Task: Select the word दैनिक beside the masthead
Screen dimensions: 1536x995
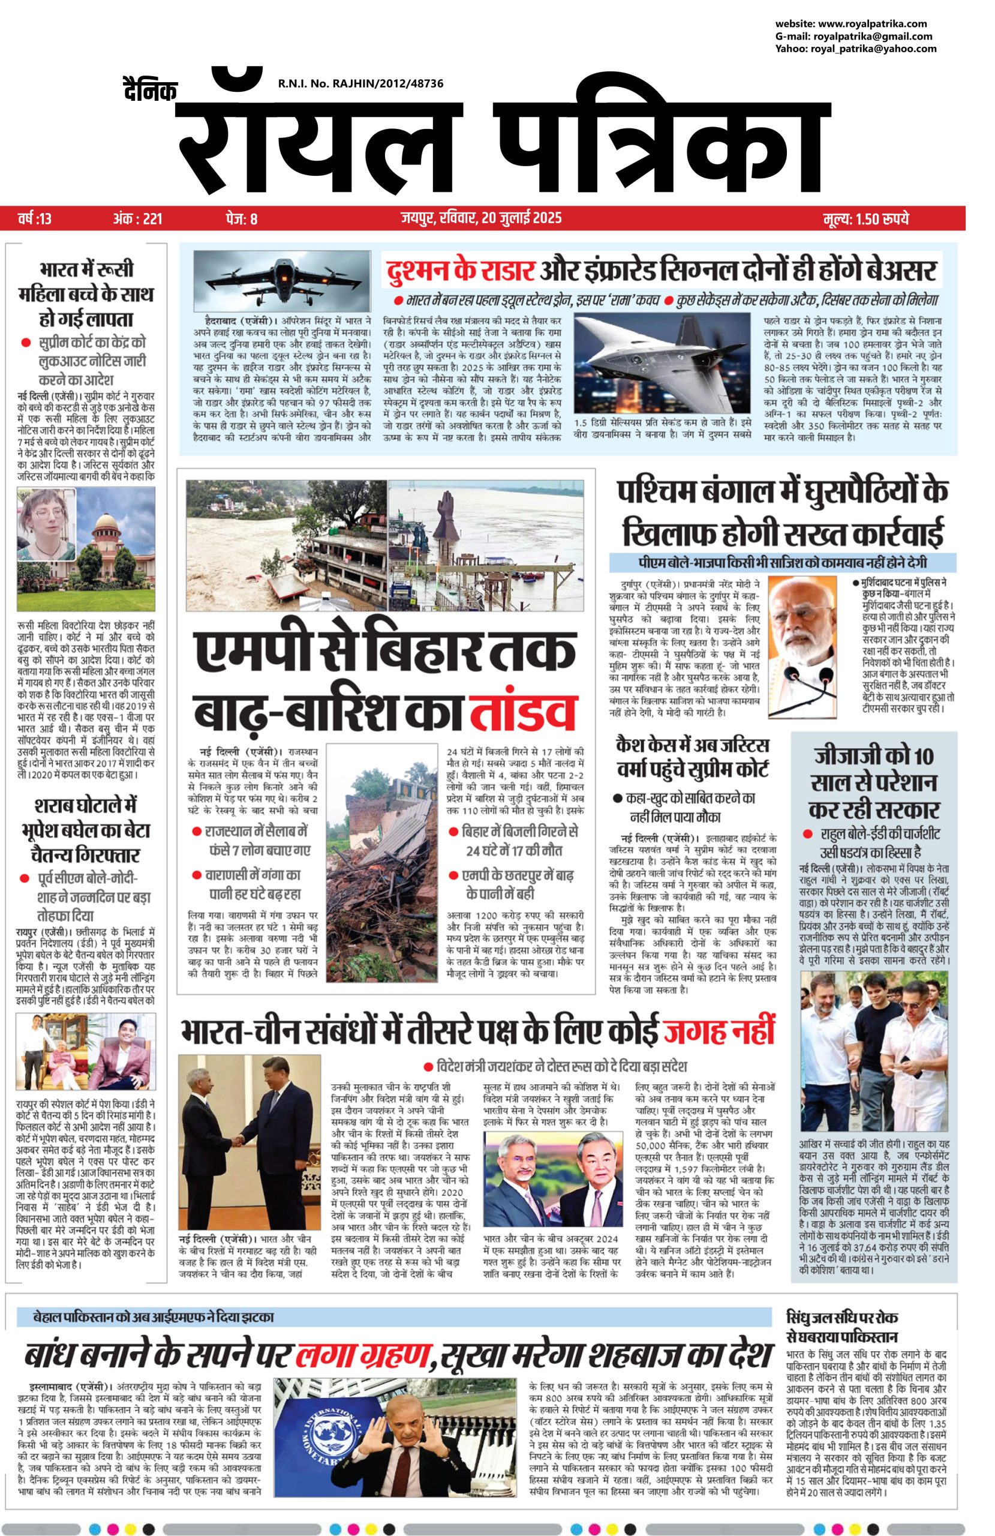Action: click(150, 91)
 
